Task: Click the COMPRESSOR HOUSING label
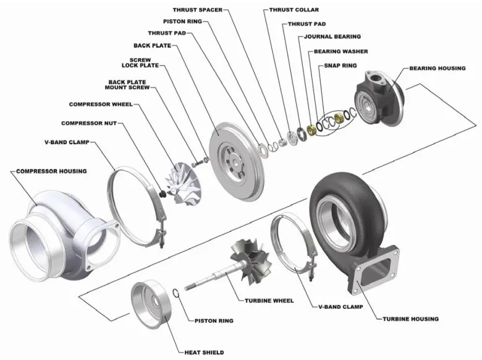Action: click(51, 171)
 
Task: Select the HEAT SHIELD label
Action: click(204, 353)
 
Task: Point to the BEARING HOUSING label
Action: click(437, 68)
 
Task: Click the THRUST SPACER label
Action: click(197, 10)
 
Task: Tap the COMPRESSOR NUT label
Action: click(90, 123)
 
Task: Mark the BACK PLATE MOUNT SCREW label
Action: click(126, 84)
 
